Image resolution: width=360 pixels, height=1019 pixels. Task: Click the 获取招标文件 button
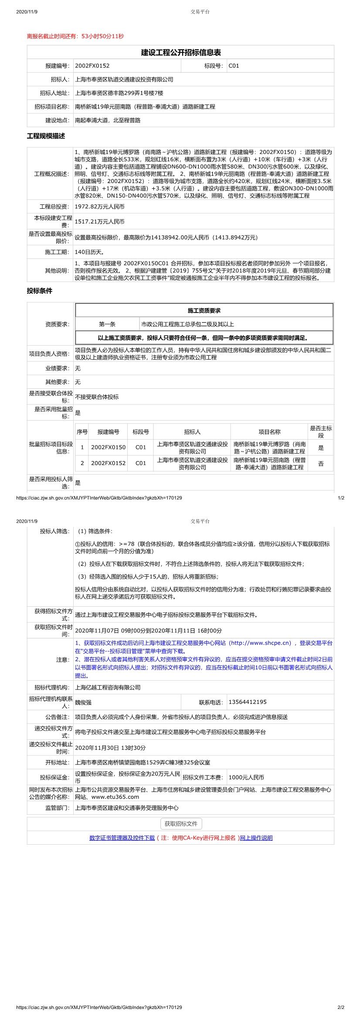point(181,823)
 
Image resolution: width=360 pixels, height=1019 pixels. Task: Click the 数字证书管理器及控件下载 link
point(122,837)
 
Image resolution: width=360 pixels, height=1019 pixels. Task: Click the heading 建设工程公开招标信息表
point(180,53)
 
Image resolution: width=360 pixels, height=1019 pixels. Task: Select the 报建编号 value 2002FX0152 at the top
point(92,66)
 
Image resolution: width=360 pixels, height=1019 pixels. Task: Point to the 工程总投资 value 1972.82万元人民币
point(100,207)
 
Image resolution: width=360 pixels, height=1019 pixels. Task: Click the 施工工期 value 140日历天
point(89,252)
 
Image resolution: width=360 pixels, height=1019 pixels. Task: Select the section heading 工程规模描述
point(46,136)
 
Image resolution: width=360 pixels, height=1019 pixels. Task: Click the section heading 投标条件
point(40,291)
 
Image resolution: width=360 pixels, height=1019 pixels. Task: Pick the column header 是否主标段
point(321,431)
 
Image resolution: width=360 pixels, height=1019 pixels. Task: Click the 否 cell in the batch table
point(321,463)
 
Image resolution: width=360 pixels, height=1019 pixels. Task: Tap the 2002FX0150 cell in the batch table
point(108,447)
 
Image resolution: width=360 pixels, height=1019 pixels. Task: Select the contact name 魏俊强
point(83,703)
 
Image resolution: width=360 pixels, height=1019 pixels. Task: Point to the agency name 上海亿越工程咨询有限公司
point(108,687)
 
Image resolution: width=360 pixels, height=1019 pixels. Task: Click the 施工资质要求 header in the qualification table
point(204,310)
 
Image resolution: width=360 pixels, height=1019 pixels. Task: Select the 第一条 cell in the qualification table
point(107,324)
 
